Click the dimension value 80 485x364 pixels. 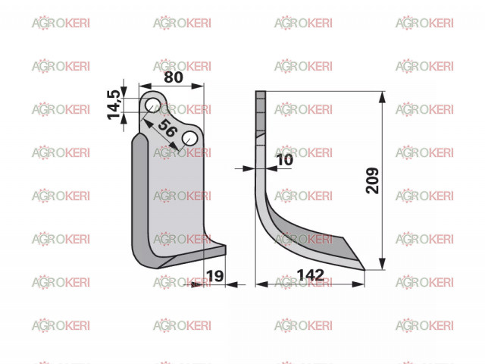(174, 77)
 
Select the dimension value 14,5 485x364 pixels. (114, 105)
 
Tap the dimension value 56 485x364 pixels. (167, 128)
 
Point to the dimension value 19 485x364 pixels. (214, 276)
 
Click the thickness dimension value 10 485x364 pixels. (285, 160)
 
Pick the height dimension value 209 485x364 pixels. (372, 180)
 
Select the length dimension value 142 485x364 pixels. (310, 275)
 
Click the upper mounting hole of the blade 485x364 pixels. (152, 105)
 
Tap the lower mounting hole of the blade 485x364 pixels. (189, 139)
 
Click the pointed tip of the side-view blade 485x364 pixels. (365, 270)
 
